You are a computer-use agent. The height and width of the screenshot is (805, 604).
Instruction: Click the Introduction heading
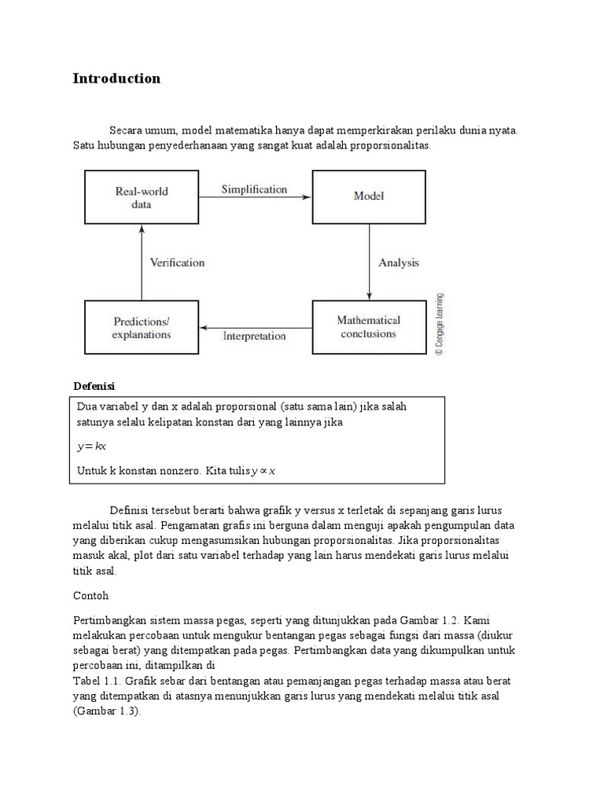pos(116,79)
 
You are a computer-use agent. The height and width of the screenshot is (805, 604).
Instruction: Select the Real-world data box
pos(142,197)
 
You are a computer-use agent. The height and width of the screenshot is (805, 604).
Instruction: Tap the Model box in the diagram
pos(368,197)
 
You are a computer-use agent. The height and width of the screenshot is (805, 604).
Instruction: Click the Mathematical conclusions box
pos(368,326)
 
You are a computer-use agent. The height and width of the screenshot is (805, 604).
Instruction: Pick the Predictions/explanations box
pos(142,328)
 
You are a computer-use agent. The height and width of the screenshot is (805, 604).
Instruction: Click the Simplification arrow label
pos(254,189)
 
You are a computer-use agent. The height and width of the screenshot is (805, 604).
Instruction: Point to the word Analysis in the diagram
pos(399,263)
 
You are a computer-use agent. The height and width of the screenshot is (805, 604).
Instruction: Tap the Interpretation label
pos(254,336)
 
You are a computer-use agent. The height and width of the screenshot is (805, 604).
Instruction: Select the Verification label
pos(178,263)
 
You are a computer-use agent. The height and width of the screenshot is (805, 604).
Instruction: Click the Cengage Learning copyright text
pos(440,325)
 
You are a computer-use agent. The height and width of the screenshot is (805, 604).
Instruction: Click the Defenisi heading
pos(94,386)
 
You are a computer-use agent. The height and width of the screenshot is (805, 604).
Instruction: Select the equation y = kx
pos(91,447)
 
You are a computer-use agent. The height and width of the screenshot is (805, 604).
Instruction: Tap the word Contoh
pos(90,596)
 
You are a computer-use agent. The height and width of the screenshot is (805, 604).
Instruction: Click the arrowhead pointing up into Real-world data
pos(142,229)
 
